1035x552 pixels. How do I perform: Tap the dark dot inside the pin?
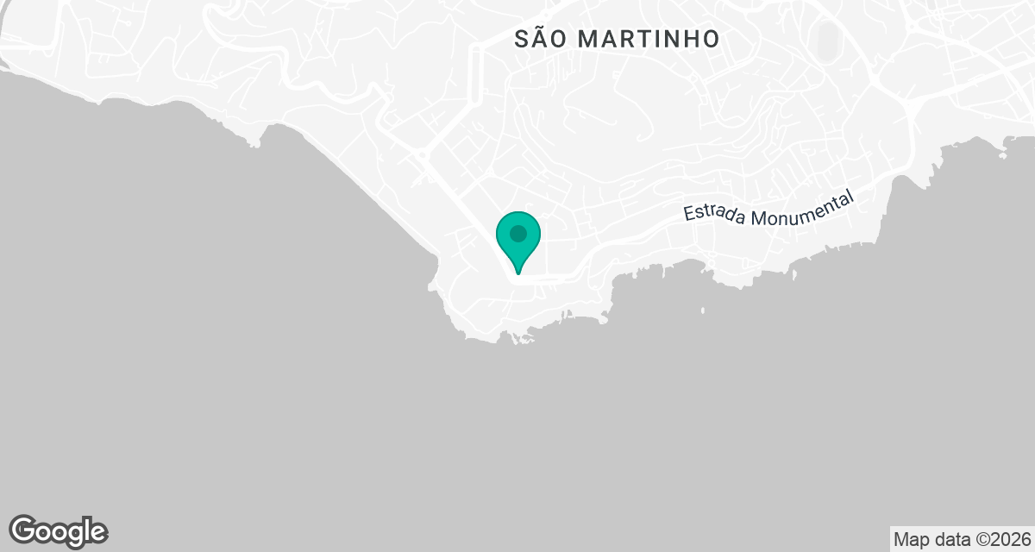[518, 234]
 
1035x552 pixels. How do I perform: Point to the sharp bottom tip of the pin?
[518, 273]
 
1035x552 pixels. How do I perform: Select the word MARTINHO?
[649, 39]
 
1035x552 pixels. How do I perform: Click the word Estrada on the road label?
[714, 212]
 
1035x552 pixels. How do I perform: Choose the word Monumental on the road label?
[801, 207]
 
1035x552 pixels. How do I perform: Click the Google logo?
[59, 530]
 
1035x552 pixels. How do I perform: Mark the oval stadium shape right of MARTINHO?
[827, 39]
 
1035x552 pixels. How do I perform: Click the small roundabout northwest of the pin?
[423, 156]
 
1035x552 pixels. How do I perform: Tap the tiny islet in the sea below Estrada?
[702, 310]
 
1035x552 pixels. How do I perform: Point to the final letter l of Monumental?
[851, 198]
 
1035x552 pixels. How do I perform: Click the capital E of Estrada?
[690, 214]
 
